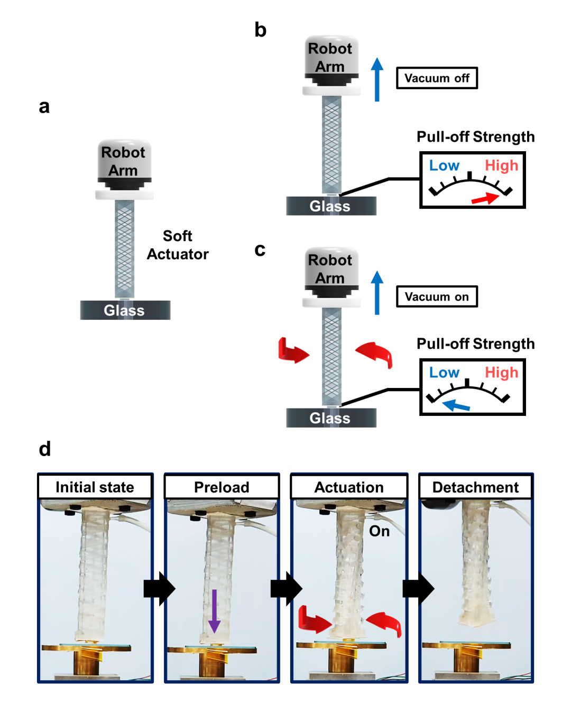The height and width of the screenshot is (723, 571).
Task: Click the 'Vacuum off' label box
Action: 437,78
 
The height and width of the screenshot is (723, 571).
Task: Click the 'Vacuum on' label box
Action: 437,296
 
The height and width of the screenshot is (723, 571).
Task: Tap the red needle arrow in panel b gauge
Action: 485,199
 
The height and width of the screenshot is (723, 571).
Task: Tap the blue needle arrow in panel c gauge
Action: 456,406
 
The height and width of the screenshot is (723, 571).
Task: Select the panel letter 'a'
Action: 44,107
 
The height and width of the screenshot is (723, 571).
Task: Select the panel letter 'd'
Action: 45,449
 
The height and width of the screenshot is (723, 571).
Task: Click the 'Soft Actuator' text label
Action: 178,245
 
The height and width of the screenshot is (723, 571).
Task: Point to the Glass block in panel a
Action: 125,310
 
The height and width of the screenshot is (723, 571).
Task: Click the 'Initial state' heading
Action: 95,487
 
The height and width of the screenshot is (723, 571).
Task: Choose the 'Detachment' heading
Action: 476,487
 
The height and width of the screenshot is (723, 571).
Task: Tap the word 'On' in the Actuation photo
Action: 379,531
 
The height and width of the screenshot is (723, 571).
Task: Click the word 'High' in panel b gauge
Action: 501,165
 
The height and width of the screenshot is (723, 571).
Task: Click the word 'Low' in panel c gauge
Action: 444,373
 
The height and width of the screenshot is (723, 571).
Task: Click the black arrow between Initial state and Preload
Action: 159,588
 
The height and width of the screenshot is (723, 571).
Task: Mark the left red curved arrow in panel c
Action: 292,351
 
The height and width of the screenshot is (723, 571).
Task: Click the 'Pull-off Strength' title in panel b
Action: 475,137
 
